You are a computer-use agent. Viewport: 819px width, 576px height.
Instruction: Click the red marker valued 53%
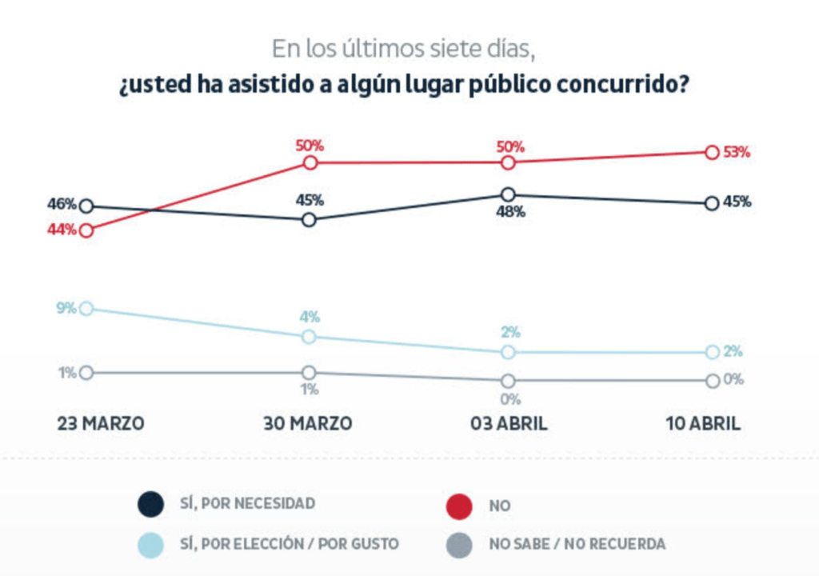click(x=711, y=152)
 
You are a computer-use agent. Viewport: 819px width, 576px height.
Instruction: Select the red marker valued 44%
click(x=86, y=230)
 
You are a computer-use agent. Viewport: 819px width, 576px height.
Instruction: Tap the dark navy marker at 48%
click(x=507, y=194)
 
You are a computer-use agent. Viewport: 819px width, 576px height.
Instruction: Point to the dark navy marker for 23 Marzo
click(x=86, y=206)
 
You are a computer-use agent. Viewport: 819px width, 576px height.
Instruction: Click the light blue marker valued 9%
click(x=86, y=308)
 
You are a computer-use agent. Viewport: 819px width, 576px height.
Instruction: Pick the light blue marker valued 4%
click(x=310, y=337)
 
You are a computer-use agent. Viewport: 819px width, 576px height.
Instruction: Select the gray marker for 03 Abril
click(x=507, y=381)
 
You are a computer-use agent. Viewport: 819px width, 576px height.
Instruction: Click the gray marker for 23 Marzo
click(x=86, y=373)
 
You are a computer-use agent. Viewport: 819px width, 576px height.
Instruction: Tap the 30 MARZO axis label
click(x=308, y=424)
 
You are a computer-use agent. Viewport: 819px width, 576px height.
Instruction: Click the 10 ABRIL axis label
click(x=704, y=424)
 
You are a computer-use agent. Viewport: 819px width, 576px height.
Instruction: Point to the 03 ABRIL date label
click(x=509, y=424)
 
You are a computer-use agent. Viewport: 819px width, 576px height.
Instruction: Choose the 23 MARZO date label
click(x=101, y=424)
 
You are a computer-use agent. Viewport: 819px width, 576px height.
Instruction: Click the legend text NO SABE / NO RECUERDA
click(x=577, y=544)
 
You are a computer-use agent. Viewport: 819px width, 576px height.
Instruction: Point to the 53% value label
click(x=737, y=152)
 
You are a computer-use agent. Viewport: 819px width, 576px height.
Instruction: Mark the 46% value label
click(x=62, y=204)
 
